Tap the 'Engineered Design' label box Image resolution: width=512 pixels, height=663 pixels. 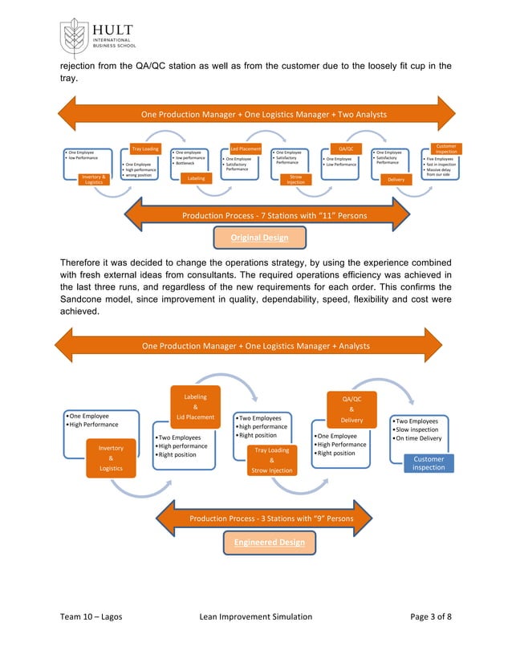(269, 542)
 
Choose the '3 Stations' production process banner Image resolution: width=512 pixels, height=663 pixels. (271, 519)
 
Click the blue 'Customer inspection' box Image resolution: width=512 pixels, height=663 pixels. (429, 463)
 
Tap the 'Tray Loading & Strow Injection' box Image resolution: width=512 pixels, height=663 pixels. (271, 460)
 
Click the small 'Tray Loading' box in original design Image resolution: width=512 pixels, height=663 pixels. (145, 148)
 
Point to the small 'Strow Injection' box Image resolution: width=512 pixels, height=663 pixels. (296, 179)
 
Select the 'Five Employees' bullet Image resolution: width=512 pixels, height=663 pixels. (441, 159)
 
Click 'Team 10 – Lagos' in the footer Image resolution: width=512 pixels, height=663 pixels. (91, 616)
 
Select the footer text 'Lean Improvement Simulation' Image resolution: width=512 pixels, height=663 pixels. (254, 616)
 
